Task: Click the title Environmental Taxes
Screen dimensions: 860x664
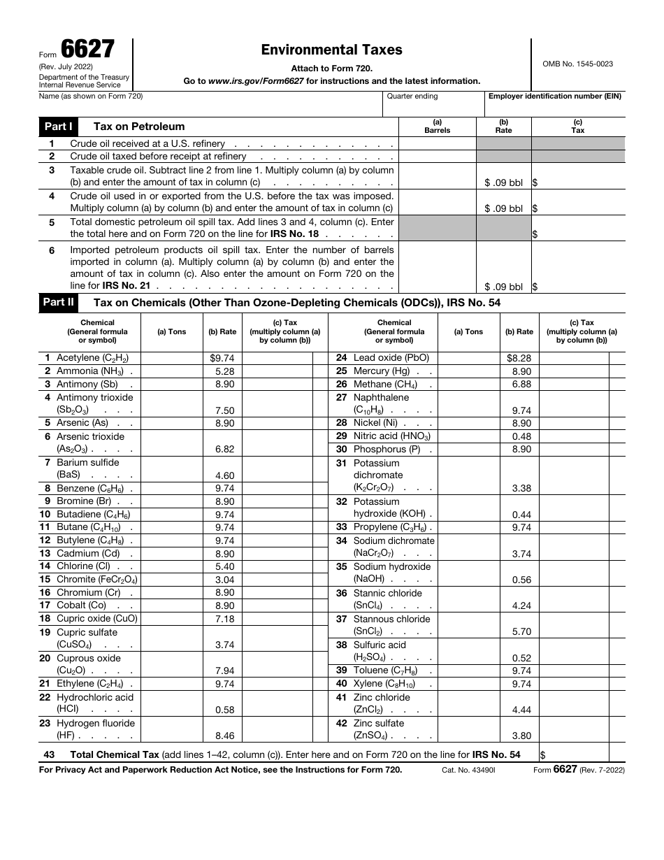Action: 331,50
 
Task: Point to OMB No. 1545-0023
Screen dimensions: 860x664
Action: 577,64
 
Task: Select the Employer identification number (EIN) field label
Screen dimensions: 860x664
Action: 555,96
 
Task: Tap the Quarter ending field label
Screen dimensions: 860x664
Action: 412,96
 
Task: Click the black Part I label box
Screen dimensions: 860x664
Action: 59,127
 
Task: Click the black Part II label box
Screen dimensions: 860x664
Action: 59,303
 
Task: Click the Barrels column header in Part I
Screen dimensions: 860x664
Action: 437,130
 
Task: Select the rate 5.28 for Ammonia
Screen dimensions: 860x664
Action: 225,371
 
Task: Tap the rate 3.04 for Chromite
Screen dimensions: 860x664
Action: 225,580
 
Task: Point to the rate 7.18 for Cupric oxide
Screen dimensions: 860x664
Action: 225,619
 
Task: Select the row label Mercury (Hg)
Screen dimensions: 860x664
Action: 382,371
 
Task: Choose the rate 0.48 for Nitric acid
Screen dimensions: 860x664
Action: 521,436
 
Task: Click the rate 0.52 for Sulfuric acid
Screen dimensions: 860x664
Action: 521,658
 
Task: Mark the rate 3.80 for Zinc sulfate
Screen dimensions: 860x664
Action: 521,736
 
